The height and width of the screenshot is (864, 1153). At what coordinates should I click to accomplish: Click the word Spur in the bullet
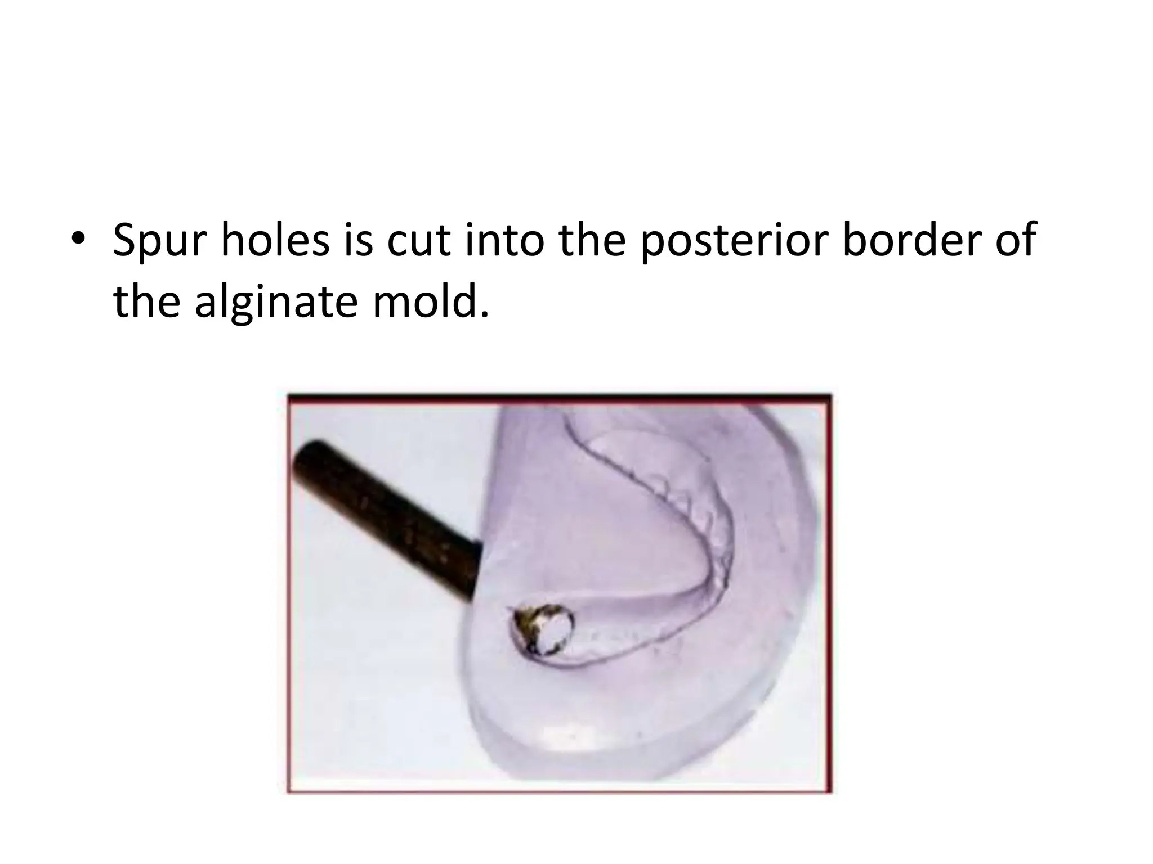[160, 241]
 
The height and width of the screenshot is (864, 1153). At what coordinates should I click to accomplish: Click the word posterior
[734, 241]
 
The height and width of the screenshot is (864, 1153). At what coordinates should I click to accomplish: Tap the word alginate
[276, 303]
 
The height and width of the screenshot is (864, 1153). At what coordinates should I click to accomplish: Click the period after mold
[485, 313]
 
